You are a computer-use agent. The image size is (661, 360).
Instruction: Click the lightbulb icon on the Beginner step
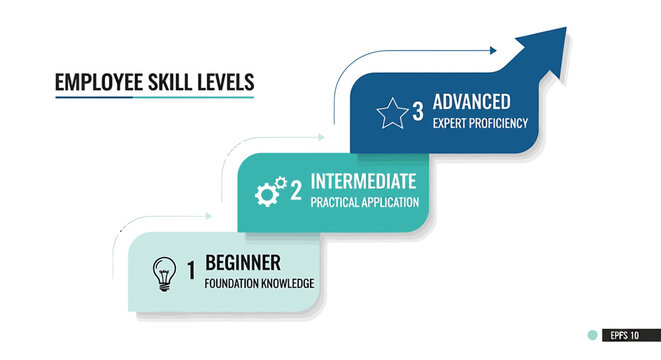[161, 272]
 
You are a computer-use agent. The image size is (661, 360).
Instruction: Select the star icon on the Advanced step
[390, 112]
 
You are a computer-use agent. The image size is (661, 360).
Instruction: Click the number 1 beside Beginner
[191, 270]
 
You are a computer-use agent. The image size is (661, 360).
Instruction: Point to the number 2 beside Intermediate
[296, 190]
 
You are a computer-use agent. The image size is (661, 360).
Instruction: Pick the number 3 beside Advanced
[417, 111]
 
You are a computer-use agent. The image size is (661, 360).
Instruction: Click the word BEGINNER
[243, 263]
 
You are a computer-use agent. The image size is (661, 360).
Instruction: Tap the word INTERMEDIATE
[364, 182]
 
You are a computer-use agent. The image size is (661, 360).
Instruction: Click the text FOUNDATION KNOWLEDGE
[259, 284]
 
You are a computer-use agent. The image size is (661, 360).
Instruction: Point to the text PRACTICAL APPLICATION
[364, 203]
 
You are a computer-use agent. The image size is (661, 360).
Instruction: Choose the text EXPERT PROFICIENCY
[480, 124]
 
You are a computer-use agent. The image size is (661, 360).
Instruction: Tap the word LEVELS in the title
[226, 83]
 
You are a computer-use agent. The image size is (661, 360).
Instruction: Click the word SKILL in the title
[171, 83]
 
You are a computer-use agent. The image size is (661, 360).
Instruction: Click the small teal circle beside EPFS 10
[593, 336]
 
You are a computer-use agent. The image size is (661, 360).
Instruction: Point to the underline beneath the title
[154, 97]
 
